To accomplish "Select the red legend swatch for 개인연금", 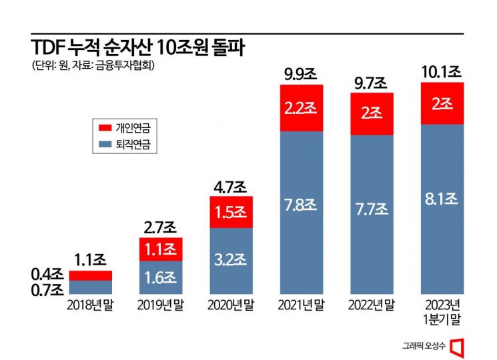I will pos(103,127).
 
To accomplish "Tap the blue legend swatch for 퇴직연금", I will pos(103,145).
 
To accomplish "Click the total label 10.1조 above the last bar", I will pos(442,70).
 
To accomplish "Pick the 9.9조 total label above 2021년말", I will pos(301,73).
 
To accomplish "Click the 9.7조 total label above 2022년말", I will pos(371,83).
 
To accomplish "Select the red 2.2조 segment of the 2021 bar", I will pos(301,108).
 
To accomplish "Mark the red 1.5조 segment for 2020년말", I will pos(231,212).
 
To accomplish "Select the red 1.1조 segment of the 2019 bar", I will pos(161,249).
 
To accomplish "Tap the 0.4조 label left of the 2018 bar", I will pos(47,274).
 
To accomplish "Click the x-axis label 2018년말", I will pos(90,306).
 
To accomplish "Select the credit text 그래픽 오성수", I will pos(424,345).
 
